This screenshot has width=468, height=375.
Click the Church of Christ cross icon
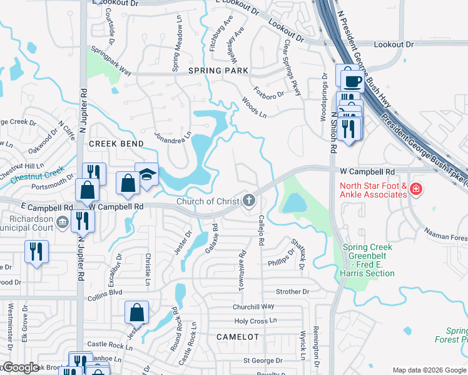[249, 201]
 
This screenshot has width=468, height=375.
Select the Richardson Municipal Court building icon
[62, 222]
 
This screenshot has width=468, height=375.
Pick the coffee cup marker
[349, 78]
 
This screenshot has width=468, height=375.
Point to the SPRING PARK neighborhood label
[214, 71]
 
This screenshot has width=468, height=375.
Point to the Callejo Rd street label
[262, 230]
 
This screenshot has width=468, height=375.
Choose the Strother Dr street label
[293, 291]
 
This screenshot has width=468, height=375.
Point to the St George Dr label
[263, 361]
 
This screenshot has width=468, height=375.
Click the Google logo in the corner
[21, 367]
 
